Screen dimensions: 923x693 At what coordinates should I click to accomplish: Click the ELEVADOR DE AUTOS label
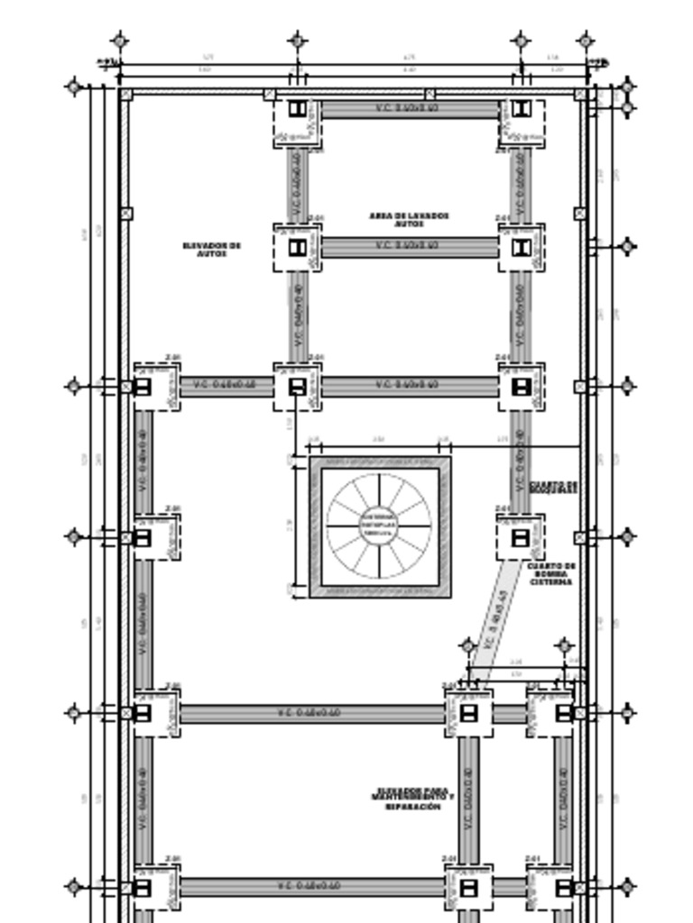click(212, 249)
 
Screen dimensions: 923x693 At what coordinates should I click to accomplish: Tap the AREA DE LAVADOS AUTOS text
click(409, 219)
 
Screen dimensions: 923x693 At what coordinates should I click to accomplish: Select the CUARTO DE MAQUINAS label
click(553, 487)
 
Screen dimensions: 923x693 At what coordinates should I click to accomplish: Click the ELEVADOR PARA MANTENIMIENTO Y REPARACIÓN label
click(411, 799)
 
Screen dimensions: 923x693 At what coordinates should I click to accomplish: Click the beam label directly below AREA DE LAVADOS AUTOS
click(408, 246)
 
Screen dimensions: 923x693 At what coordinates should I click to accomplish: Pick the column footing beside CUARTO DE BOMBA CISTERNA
click(521, 538)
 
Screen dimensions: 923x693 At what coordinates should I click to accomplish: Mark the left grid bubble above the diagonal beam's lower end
click(467, 645)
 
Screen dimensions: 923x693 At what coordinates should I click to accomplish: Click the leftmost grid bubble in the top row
click(120, 41)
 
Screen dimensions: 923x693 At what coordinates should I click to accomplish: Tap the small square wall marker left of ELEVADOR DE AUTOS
click(126, 214)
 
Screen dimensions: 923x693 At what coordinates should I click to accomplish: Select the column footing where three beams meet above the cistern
click(297, 388)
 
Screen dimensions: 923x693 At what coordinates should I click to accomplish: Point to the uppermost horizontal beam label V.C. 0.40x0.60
click(408, 109)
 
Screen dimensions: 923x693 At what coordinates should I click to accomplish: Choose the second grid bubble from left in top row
click(298, 41)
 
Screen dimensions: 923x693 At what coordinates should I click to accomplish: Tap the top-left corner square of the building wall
click(126, 95)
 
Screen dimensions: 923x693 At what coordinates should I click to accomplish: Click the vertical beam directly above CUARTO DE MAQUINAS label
click(520, 460)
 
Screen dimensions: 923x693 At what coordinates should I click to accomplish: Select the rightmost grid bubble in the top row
click(586, 41)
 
